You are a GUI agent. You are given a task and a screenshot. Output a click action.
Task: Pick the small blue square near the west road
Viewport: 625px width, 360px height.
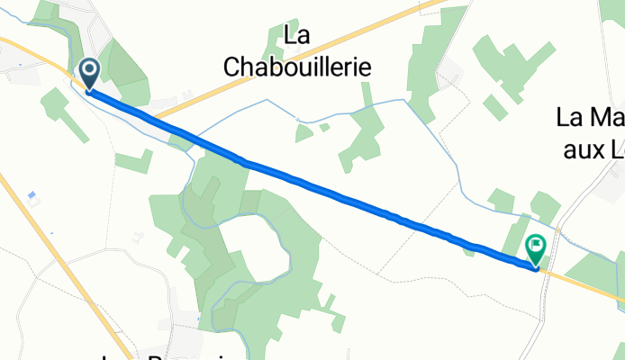(32, 195)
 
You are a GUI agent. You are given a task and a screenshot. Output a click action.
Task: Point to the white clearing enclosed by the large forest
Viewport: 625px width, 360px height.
(261, 247)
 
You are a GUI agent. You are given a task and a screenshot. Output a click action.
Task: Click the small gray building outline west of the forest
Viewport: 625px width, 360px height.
(138, 237)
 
